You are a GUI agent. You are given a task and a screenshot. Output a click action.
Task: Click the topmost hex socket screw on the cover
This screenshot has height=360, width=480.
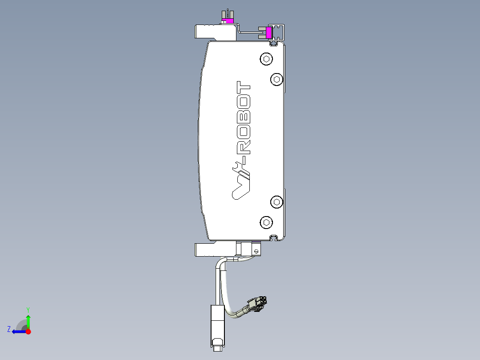tap(266, 59)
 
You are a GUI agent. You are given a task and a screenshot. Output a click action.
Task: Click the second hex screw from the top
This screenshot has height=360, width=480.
tap(277, 79)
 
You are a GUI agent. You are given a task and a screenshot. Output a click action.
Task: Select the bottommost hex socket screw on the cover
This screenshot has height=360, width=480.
tap(266, 222)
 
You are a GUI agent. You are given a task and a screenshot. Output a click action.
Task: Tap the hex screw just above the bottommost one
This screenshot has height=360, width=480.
tap(277, 202)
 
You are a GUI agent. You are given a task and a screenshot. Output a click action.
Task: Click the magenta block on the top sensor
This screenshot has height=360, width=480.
tap(228, 20)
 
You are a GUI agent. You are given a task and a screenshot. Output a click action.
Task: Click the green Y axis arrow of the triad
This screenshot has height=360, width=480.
tap(28, 320)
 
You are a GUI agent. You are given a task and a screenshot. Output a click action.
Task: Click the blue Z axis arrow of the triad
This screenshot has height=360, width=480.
tap(18, 331)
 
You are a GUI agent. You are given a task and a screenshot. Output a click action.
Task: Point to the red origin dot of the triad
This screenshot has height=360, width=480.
tap(28, 331)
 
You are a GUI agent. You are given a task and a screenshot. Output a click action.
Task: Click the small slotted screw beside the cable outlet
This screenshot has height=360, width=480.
tap(256, 251)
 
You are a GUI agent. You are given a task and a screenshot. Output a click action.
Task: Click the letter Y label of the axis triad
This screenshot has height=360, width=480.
tap(28, 309)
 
